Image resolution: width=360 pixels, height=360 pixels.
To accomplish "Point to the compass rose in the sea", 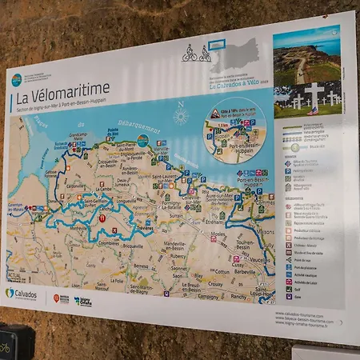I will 181,116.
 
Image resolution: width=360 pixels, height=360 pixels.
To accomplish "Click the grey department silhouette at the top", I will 240,54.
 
